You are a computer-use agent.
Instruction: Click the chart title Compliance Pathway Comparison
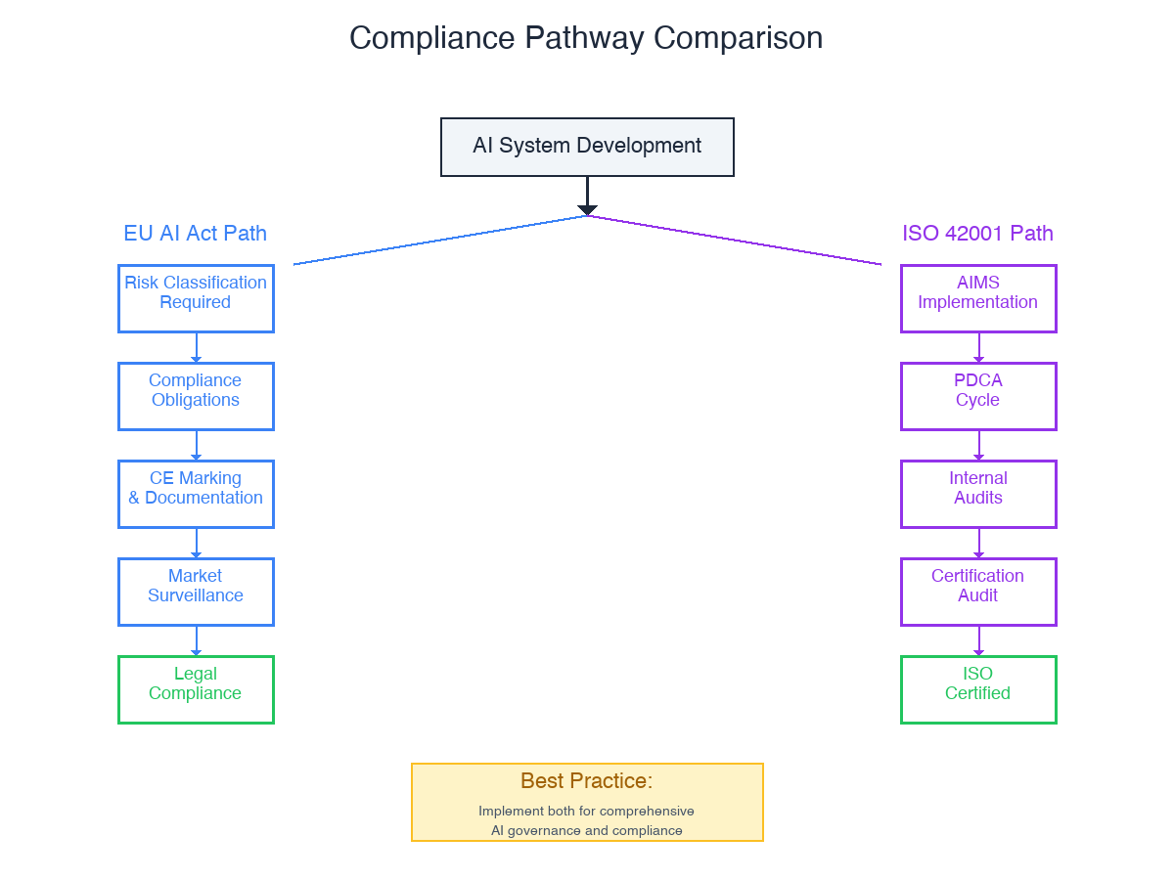click(586, 38)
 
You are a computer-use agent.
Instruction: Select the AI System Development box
click(587, 147)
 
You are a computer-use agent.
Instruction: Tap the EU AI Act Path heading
click(195, 234)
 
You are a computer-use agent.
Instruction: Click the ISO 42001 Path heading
click(977, 234)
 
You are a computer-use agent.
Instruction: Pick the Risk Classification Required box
click(196, 298)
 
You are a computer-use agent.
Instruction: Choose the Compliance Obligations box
click(196, 396)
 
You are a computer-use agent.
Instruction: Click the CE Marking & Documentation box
click(196, 494)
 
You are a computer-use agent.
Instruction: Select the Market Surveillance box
click(196, 592)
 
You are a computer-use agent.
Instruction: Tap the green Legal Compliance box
click(196, 689)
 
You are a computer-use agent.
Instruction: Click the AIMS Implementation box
click(978, 298)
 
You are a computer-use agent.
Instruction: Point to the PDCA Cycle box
click(978, 396)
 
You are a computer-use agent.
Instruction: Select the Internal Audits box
click(978, 494)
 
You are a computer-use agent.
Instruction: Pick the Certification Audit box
click(978, 592)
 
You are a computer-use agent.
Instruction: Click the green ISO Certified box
click(978, 689)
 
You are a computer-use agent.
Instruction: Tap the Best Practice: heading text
click(586, 781)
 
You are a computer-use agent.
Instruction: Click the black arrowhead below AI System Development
click(587, 209)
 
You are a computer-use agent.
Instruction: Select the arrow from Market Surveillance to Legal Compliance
click(197, 640)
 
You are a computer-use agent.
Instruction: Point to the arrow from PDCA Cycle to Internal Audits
click(979, 445)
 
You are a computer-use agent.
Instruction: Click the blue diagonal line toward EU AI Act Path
click(440, 240)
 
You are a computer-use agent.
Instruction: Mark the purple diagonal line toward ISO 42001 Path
click(734, 240)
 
